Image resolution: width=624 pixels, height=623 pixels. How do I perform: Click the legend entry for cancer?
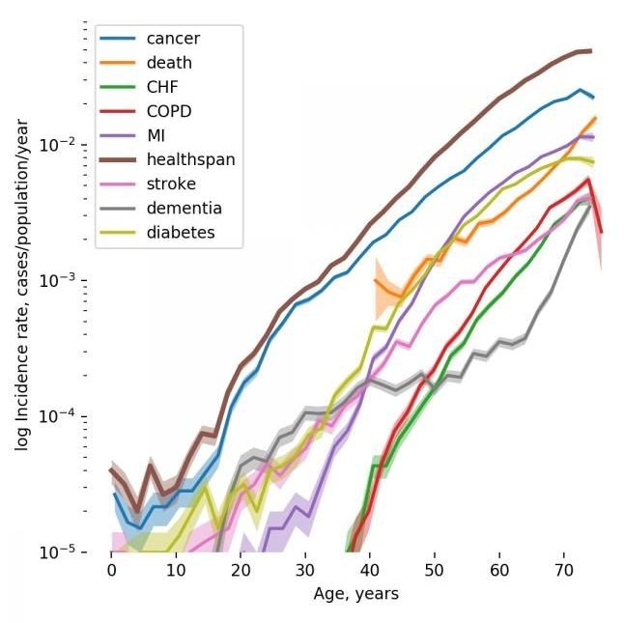172,39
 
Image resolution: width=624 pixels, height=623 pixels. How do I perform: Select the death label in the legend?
168,63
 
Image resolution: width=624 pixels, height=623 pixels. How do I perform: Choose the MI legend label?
157,135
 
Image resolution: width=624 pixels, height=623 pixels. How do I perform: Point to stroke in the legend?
171,184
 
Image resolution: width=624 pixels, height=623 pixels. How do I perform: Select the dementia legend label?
184,208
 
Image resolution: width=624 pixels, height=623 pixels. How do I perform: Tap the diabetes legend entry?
181,232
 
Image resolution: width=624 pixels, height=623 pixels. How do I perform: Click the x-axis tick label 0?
112,571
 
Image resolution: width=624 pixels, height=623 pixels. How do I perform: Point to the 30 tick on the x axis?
305,571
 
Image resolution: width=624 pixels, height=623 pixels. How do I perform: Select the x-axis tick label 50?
435,571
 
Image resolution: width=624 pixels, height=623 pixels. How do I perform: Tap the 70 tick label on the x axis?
564,571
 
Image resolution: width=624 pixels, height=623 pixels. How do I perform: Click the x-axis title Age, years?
355,594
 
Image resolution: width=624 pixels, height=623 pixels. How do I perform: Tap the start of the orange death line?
375,280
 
